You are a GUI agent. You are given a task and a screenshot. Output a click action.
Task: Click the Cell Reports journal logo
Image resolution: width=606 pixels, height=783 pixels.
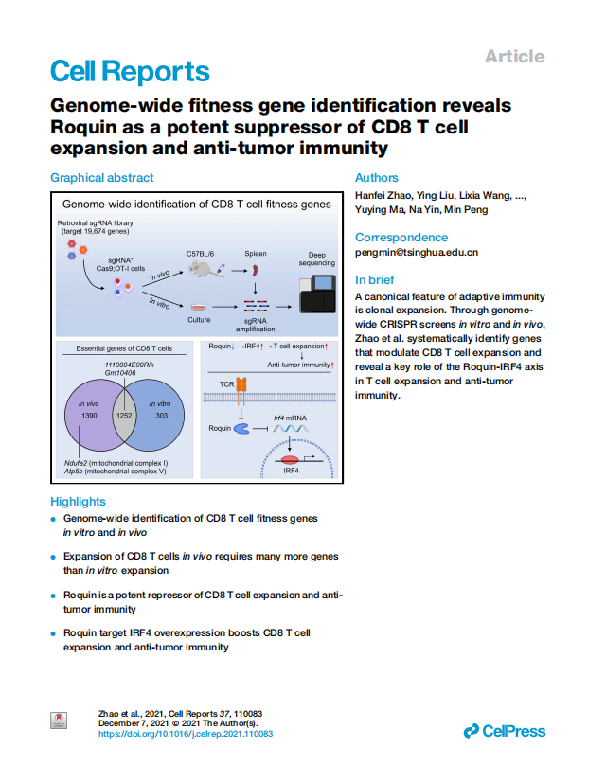click(x=130, y=71)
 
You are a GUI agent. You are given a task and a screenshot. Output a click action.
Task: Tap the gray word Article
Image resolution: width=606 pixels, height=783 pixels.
click(x=514, y=57)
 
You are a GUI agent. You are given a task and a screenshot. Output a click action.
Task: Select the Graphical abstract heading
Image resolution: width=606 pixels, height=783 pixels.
click(x=102, y=178)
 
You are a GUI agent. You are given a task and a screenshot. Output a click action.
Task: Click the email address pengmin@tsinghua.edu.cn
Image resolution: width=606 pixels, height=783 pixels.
click(x=417, y=252)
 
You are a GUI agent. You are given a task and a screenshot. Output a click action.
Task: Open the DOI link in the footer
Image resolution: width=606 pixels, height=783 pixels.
click(x=186, y=734)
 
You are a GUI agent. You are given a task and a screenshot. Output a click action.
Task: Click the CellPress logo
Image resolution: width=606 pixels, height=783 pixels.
click(x=505, y=731)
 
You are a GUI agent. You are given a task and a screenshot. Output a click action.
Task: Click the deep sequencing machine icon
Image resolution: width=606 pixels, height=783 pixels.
click(x=317, y=294)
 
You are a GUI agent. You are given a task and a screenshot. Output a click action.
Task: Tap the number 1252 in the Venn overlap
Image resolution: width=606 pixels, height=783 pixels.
click(x=124, y=416)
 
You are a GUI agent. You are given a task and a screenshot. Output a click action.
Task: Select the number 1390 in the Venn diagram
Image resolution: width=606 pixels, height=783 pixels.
click(x=89, y=416)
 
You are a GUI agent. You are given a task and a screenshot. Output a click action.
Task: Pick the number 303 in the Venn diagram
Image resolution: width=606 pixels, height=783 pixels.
click(x=161, y=416)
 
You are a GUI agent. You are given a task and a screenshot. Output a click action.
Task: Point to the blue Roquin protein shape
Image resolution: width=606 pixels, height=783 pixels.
click(x=241, y=429)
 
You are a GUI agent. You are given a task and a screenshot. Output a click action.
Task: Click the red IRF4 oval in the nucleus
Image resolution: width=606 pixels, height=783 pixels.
click(x=290, y=460)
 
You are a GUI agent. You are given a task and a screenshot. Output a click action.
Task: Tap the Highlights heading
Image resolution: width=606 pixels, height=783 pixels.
click(x=78, y=502)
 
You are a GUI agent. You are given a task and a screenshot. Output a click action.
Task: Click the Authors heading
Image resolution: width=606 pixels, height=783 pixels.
click(x=377, y=178)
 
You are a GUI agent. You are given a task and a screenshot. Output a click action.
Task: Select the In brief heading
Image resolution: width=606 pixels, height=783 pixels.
click(x=375, y=279)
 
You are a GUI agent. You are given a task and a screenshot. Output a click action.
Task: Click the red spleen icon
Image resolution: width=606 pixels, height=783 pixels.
click(x=255, y=271)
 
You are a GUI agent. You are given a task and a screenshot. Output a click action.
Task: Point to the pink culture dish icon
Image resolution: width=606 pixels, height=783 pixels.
click(x=199, y=307)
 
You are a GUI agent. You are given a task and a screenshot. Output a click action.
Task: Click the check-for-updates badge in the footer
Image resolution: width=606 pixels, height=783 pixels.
click(x=59, y=721)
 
